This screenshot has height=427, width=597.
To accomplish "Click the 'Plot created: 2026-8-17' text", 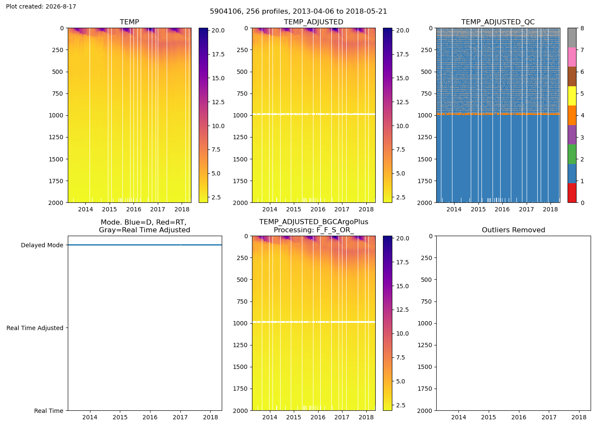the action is [41, 6].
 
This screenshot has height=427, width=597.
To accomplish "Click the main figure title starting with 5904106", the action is [298, 11].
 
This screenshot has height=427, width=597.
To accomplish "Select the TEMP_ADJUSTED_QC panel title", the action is [498, 22].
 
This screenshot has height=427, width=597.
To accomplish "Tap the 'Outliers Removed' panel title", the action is [513, 230].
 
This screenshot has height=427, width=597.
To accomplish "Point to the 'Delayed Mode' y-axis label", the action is [42, 245].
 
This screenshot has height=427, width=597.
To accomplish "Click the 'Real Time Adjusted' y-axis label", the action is [35, 328].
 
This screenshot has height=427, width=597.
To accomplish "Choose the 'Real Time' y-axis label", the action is [49, 411].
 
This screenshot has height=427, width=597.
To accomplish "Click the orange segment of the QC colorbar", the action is [572, 115].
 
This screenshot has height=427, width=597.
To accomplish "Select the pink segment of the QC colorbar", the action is [572, 57].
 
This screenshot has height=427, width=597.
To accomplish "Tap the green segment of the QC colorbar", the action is [572, 154].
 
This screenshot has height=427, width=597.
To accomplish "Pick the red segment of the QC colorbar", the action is [572, 193].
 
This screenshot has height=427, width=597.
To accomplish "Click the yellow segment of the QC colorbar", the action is [572, 96].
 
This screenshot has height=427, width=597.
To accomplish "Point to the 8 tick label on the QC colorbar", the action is [583, 28].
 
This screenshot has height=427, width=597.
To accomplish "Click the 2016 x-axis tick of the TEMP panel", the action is [133, 209].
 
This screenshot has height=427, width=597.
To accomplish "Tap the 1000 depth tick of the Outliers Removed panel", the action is [425, 323].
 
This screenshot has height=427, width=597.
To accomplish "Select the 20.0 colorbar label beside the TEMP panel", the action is [218, 30].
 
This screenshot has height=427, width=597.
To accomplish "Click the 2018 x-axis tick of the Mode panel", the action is [210, 417].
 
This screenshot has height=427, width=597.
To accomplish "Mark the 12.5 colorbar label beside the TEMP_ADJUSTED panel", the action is [403, 102].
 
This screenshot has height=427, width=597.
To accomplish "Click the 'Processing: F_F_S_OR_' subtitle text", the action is [314, 230].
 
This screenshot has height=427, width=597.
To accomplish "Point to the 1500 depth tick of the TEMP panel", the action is [56, 159].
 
